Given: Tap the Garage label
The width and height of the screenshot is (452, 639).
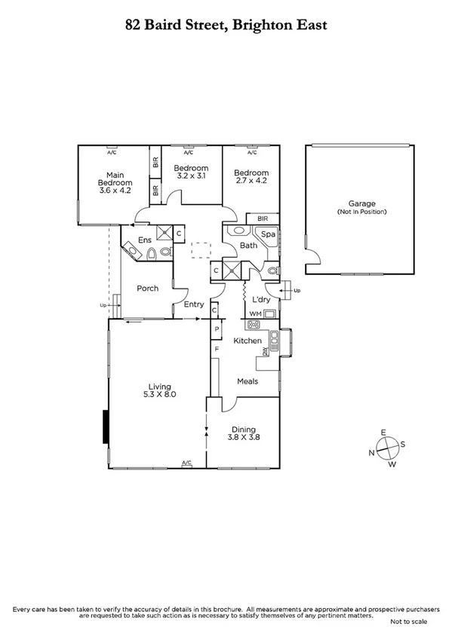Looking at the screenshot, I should tap(361, 203).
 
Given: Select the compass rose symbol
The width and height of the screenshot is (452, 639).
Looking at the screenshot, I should tap(386, 448).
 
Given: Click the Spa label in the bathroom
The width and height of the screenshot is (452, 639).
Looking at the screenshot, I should tap(269, 234).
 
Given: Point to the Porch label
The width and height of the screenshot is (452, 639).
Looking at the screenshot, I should tap(147, 288).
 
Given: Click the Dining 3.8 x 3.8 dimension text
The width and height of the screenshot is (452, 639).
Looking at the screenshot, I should tap(243, 436).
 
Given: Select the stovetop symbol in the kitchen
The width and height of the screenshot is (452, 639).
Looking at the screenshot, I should tap(254, 326).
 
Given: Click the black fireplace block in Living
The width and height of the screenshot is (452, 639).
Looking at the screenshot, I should tap(106, 428).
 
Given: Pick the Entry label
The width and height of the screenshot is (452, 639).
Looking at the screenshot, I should tap(194, 304).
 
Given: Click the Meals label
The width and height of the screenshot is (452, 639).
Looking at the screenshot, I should tap(248, 381).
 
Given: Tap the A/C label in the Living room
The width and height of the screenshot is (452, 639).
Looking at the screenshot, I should tap(186, 463).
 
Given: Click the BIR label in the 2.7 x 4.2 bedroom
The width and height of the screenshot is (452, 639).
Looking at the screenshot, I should tap(263, 219).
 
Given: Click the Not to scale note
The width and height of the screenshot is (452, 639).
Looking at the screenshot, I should tap(408, 622).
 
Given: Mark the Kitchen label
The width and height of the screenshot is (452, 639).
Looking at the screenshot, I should tap(247, 341).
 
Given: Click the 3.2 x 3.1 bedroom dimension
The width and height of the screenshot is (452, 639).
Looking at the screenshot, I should tap(190, 176).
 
